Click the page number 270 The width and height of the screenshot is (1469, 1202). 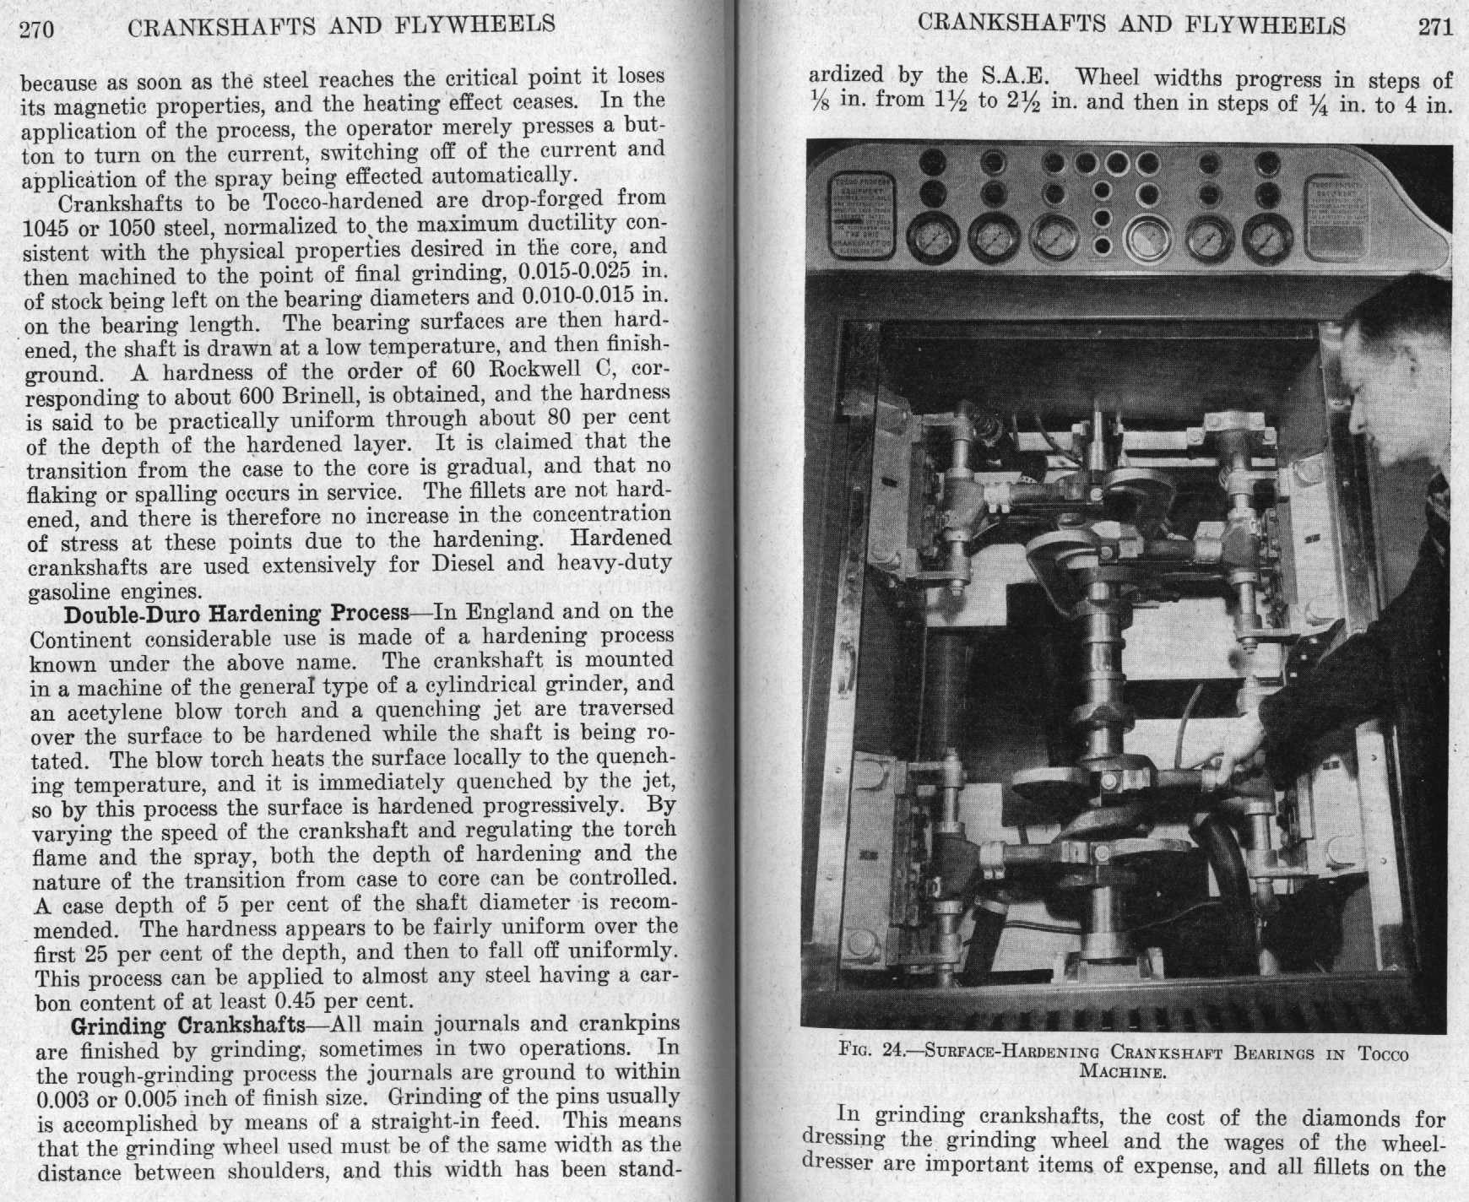coord(36,30)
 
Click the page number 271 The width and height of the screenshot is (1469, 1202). coord(1434,27)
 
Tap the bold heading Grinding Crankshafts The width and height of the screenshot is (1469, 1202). coord(187,1026)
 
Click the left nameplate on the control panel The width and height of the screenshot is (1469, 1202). coord(863,217)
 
